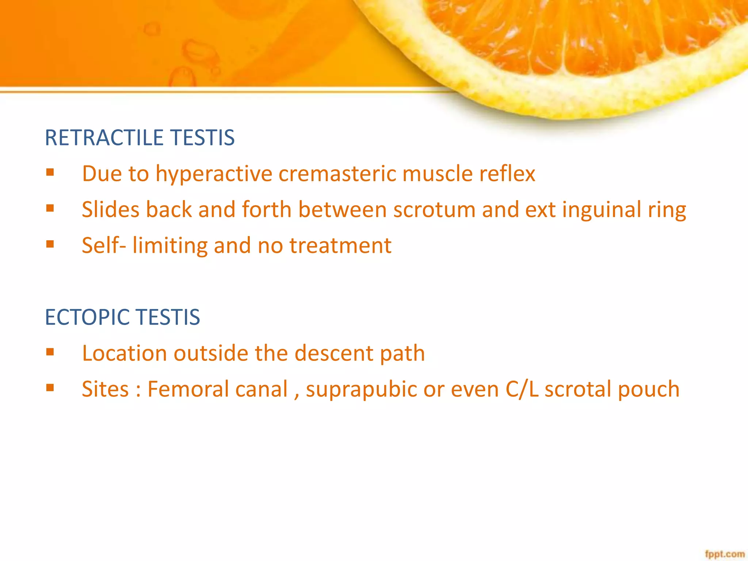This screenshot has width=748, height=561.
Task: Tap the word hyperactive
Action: pyautogui.click(x=214, y=173)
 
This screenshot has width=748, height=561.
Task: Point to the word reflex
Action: pyautogui.click(x=507, y=173)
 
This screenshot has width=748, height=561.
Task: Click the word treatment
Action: pyautogui.click(x=340, y=245)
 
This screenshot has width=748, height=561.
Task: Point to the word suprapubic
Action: pyautogui.click(x=361, y=389)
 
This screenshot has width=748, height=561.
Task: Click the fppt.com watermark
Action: pyautogui.click(x=725, y=554)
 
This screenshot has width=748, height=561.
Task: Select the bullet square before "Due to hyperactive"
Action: pyautogui.click(x=50, y=172)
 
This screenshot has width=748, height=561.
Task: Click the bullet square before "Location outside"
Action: pyautogui.click(x=50, y=352)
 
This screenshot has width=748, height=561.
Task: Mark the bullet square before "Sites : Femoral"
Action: pyautogui.click(x=50, y=388)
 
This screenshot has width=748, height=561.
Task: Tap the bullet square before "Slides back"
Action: pyautogui.click(x=50, y=208)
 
